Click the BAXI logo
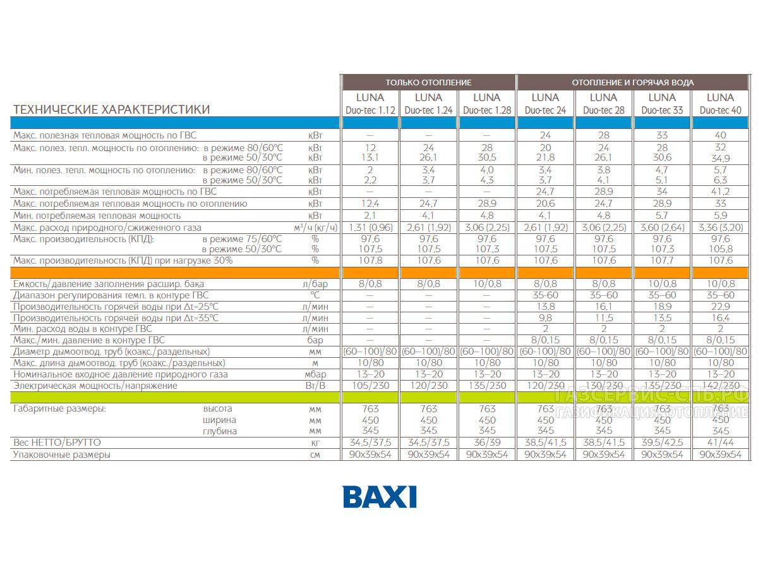(x=380, y=496)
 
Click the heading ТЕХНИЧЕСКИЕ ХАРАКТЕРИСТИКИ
(x=112, y=109)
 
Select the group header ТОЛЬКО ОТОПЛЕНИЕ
(x=428, y=82)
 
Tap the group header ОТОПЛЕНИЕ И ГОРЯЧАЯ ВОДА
(x=632, y=82)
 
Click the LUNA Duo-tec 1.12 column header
(x=370, y=104)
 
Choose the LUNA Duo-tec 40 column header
(x=720, y=104)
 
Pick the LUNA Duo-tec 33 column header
(x=662, y=104)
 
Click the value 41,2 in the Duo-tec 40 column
(x=720, y=192)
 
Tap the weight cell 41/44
(x=720, y=443)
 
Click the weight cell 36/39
(x=487, y=443)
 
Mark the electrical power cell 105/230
(x=370, y=386)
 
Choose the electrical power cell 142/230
(x=720, y=386)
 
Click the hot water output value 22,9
(x=720, y=306)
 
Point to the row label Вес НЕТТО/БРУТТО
(x=57, y=443)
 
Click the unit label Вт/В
(x=315, y=386)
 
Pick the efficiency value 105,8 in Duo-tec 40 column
(x=720, y=248)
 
